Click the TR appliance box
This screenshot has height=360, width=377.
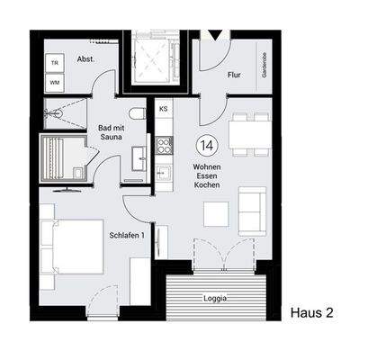(x=56, y=63)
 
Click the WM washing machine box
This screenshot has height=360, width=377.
(x=56, y=83)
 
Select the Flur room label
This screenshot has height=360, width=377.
(x=234, y=76)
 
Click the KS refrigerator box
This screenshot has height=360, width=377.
(x=164, y=109)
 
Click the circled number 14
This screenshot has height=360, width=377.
(x=205, y=144)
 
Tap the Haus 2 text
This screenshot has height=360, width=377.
(x=312, y=312)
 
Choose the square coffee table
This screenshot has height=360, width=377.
(x=216, y=213)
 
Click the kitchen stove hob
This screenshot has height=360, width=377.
(x=164, y=144)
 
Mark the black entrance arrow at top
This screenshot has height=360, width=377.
(x=213, y=35)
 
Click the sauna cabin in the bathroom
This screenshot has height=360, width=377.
(x=61, y=159)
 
